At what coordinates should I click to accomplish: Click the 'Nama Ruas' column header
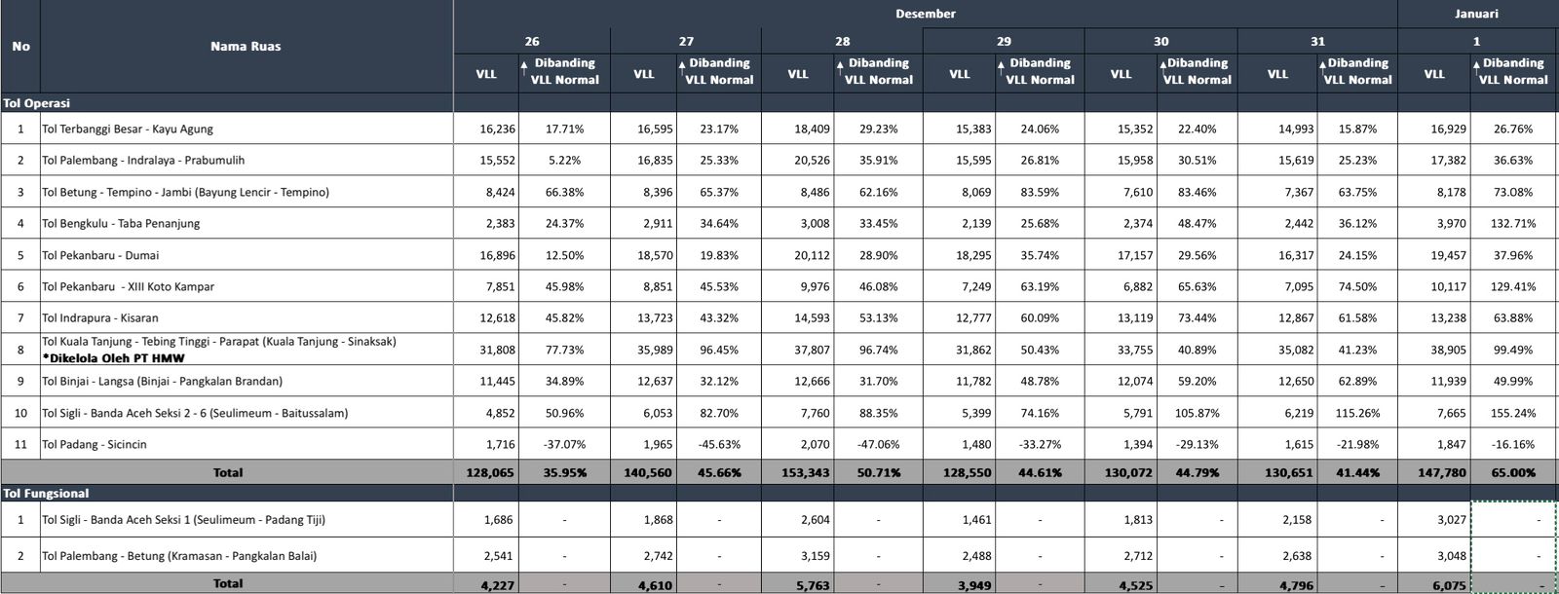[246, 46]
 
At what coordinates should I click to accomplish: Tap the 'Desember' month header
[925, 14]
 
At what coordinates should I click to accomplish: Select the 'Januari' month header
[1476, 14]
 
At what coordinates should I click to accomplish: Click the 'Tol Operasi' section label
[37, 103]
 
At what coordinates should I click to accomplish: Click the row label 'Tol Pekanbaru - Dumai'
[100, 255]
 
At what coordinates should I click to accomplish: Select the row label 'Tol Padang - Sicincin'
[95, 444]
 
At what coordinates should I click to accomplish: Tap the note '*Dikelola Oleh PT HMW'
[113, 358]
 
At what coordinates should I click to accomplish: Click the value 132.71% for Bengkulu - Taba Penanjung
[1512, 223]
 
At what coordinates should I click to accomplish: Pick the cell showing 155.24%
[1512, 413]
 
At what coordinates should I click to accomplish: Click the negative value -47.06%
[878, 444]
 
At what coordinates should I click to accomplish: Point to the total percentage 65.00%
[1512, 472]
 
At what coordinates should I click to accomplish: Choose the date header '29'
[1004, 41]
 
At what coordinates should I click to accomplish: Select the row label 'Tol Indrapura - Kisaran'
[99, 317]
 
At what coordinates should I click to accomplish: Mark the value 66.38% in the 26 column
[564, 192]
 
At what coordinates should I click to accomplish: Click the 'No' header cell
[20, 46]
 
